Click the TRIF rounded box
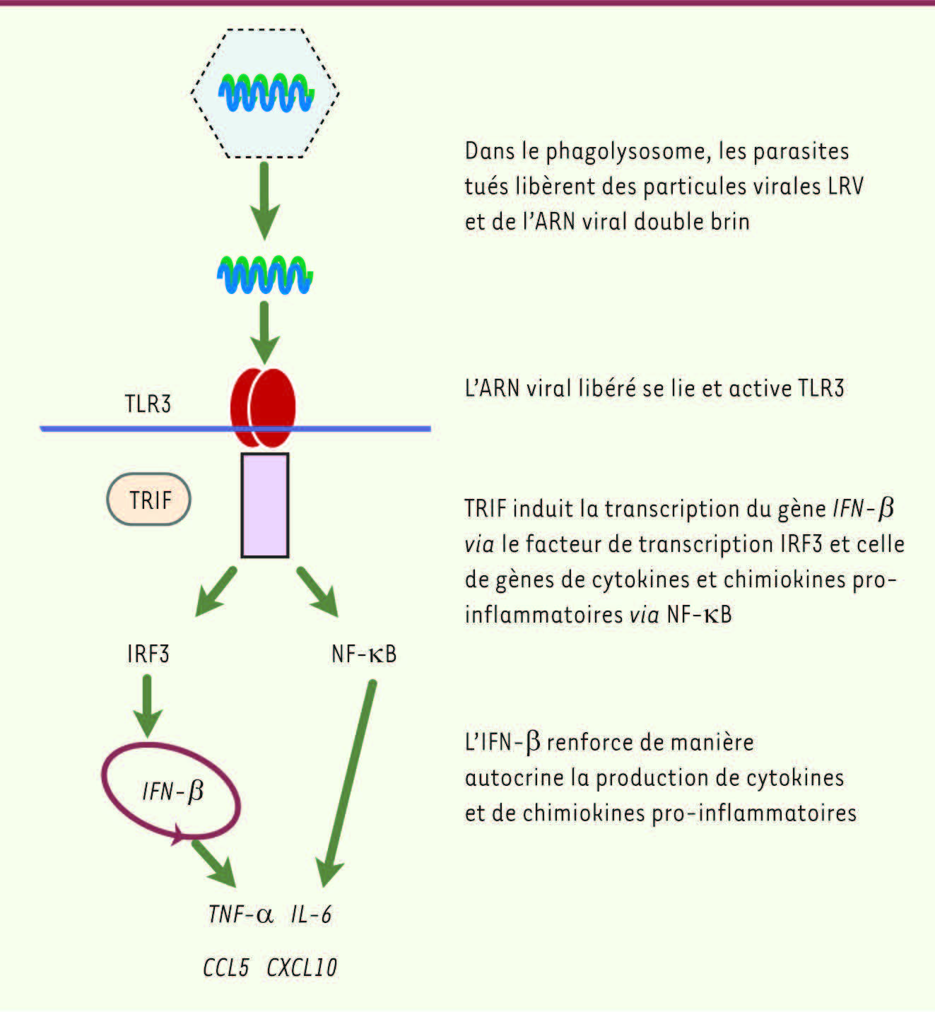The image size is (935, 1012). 149,500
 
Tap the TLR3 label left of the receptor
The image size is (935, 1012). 148,404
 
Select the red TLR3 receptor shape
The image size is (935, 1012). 263,407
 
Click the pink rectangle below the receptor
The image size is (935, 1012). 265,505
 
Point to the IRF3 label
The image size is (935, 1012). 148,654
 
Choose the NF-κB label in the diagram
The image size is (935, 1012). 364,654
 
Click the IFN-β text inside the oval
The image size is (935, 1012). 173,790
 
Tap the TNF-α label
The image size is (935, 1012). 240,914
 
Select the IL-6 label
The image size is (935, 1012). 311,914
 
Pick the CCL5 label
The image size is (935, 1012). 226,967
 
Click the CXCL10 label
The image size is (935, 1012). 302,967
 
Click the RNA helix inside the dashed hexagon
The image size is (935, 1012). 266,93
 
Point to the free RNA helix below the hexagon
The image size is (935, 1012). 265,274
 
